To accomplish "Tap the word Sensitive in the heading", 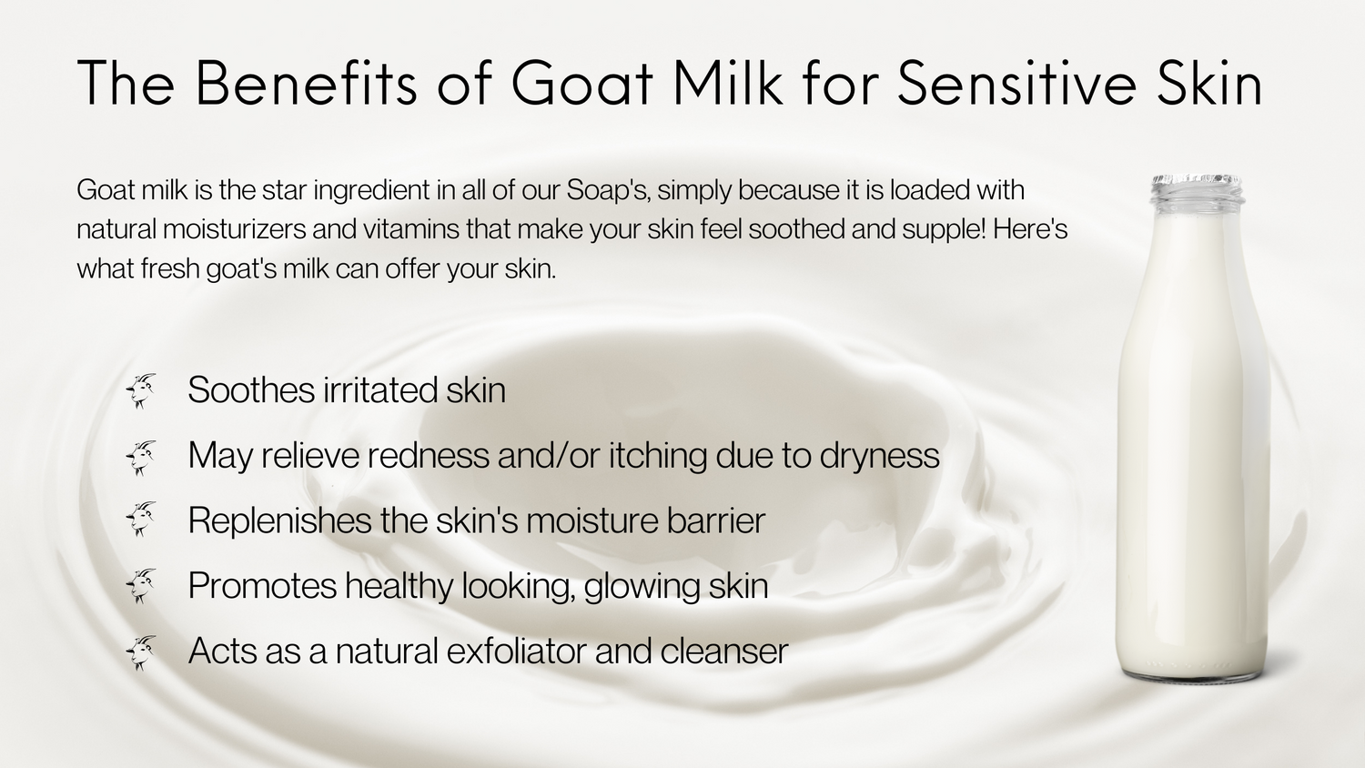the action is [x=1017, y=84].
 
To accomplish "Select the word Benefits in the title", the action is [x=306, y=84].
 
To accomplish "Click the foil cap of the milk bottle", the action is [x=1197, y=183].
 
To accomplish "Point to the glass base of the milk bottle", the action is [x=1192, y=669].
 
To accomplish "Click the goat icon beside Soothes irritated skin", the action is [x=141, y=390].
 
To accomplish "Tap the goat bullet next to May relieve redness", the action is [x=141, y=457].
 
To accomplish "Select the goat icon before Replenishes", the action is [x=141, y=519].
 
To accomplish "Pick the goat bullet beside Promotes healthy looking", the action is [x=141, y=586].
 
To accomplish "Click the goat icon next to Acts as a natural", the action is [x=141, y=652].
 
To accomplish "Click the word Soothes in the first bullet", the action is [x=251, y=389].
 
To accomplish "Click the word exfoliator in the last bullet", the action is [x=517, y=651].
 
